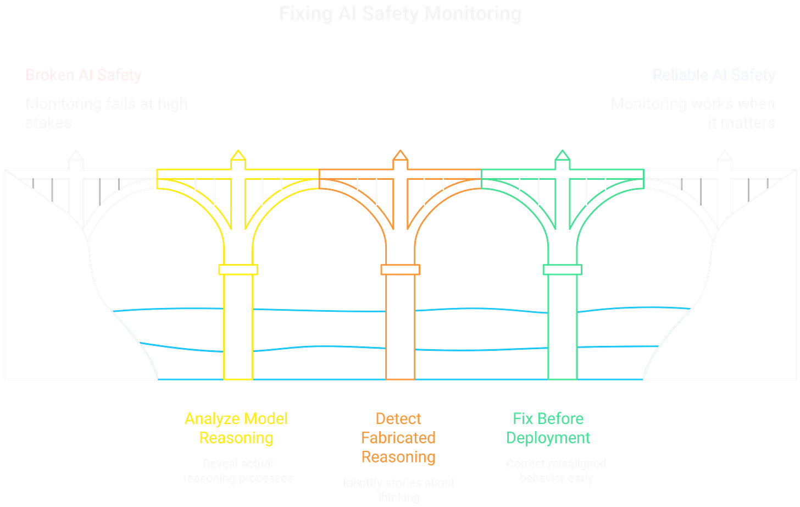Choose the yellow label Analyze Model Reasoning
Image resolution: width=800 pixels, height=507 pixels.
click(x=236, y=428)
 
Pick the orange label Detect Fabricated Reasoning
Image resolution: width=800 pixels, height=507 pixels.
click(x=399, y=437)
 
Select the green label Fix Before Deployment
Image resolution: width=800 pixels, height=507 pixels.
click(x=548, y=428)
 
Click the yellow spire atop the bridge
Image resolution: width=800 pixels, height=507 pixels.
click(x=238, y=157)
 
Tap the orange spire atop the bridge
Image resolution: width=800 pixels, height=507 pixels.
click(x=400, y=157)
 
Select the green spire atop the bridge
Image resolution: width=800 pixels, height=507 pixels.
click(x=562, y=157)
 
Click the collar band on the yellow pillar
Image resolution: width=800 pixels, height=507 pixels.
click(x=238, y=269)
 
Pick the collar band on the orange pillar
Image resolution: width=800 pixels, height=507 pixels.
click(x=400, y=269)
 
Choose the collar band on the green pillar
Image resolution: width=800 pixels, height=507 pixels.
click(x=562, y=269)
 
